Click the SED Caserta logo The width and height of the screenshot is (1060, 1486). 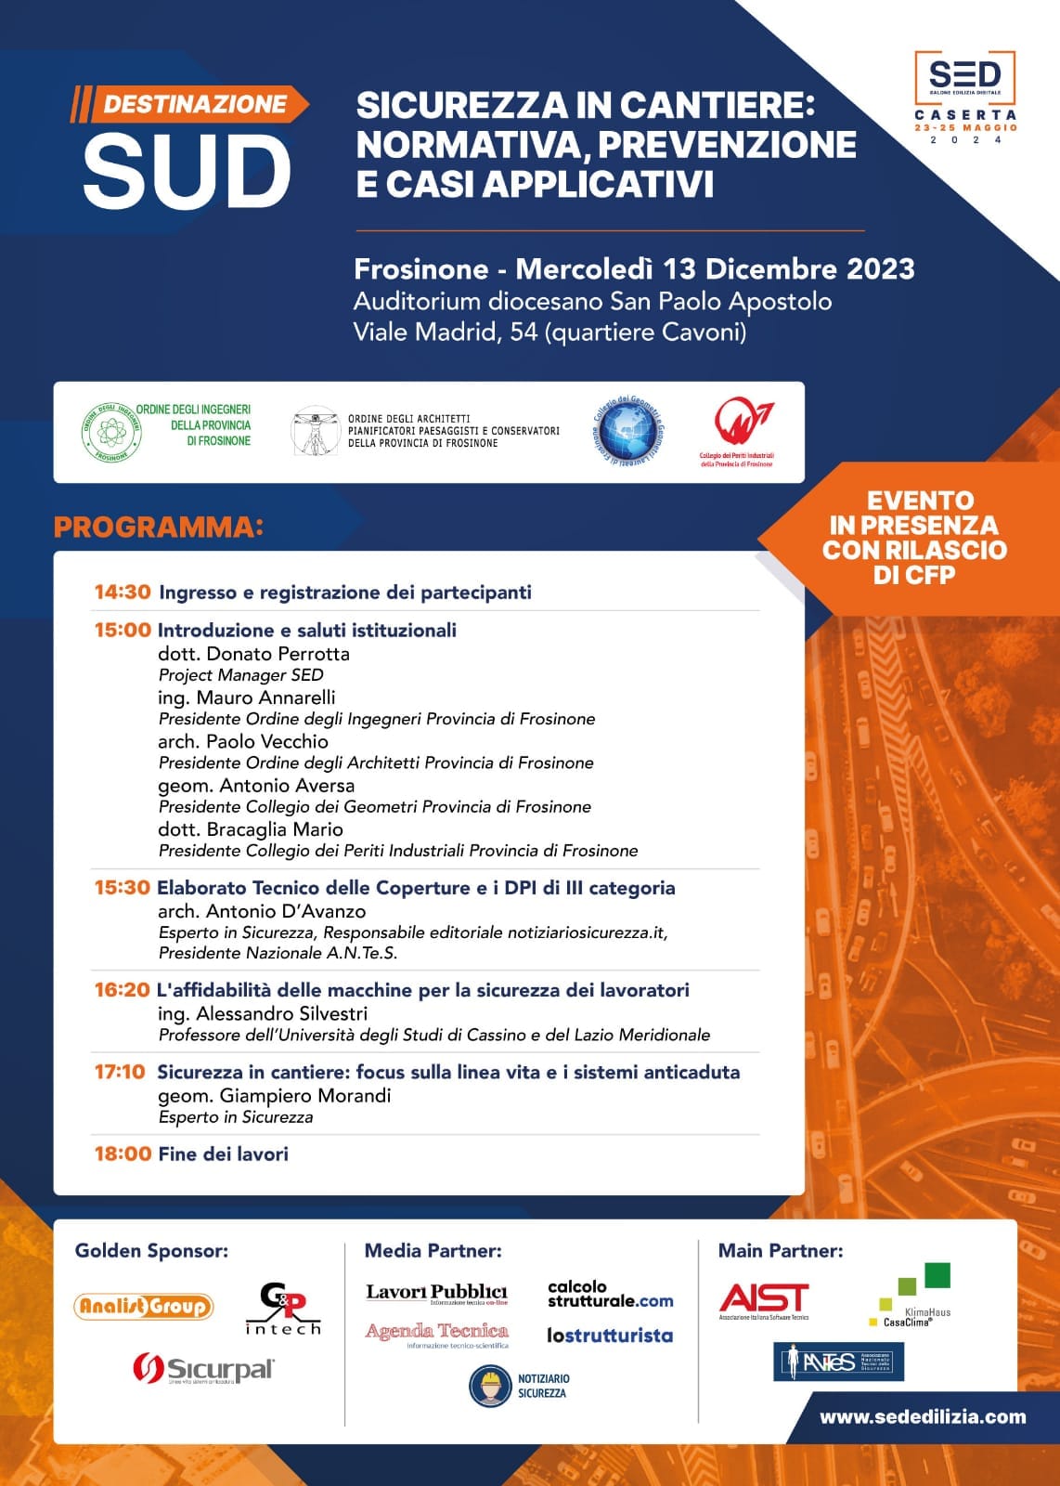click(x=965, y=97)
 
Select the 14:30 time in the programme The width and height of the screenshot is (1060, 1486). click(x=123, y=593)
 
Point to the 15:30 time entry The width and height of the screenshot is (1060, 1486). click(x=122, y=888)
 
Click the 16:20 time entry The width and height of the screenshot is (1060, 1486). click(x=122, y=990)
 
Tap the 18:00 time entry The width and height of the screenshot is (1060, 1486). click(x=123, y=1154)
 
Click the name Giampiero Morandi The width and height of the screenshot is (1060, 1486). click(x=304, y=1096)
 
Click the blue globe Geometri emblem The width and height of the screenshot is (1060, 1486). click(x=629, y=429)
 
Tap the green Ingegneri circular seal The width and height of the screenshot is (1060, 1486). click(x=112, y=432)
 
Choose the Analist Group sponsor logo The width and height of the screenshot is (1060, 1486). click(x=144, y=1307)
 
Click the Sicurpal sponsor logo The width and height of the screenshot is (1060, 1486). click(x=204, y=1369)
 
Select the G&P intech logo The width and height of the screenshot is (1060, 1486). click(x=282, y=1309)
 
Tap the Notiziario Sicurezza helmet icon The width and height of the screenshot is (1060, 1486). click(x=490, y=1386)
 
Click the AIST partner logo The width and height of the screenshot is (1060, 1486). click(x=764, y=1299)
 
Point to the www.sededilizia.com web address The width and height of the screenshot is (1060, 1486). click(x=923, y=1416)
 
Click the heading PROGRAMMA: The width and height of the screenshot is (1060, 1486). click(x=158, y=527)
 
